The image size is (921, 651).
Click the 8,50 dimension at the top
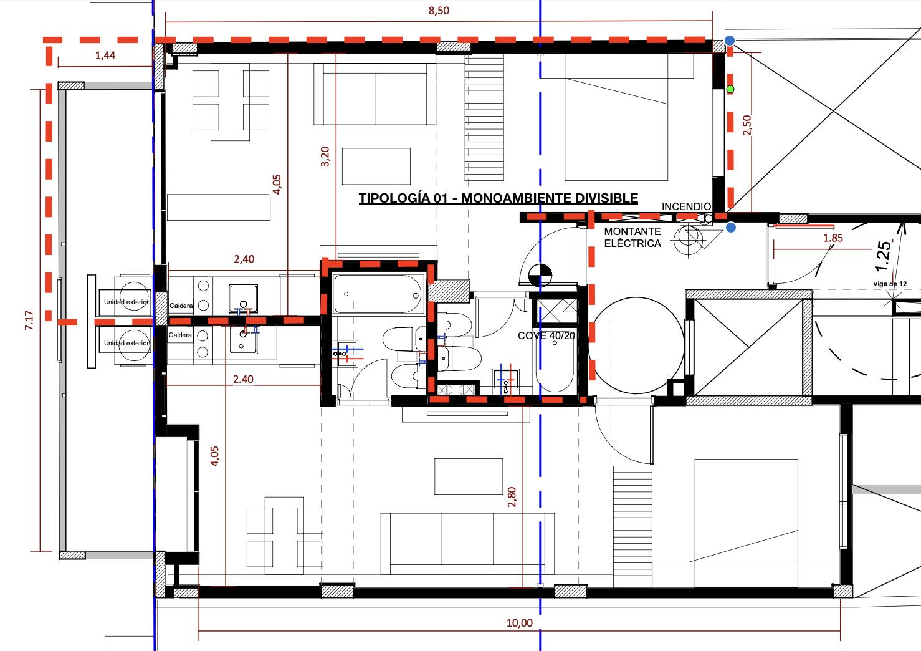tap(439, 11)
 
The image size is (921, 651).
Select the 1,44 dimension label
tap(105, 55)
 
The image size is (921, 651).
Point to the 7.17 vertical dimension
tap(29, 321)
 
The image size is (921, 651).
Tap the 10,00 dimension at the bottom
tap(519, 623)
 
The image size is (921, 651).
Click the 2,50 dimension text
tap(747, 125)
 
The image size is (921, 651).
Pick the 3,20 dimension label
tap(325, 157)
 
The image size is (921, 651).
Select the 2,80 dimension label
tap(512, 497)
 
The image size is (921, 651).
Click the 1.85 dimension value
tap(833, 238)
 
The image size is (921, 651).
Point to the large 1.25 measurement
tap(884, 256)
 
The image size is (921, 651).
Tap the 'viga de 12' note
tap(890, 284)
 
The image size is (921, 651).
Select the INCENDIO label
tap(686, 206)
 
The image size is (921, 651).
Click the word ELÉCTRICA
tap(632, 243)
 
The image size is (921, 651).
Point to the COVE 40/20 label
tap(546, 335)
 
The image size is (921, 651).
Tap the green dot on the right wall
tap(730, 89)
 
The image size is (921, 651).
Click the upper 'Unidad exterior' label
tap(126, 302)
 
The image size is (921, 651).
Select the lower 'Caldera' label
tap(180, 335)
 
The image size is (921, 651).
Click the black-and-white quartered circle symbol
tap(540, 275)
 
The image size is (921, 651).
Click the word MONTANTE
tap(632, 231)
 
